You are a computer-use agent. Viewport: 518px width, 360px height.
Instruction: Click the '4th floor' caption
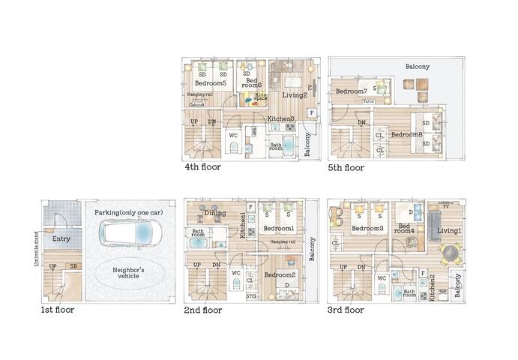[202, 167]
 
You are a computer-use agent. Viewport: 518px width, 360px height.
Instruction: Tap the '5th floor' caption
[346, 168]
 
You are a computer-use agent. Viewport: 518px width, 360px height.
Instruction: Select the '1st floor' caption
[58, 309]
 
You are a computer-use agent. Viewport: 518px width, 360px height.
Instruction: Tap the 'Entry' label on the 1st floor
[61, 238]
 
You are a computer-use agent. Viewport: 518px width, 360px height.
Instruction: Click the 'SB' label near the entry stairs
[72, 266]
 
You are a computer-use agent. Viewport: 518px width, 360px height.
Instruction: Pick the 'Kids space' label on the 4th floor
[261, 97]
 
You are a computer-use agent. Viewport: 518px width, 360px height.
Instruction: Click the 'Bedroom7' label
[351, 91]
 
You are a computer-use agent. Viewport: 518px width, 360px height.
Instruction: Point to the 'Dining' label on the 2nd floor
[215, 214]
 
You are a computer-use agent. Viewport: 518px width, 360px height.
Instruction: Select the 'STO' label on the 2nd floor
[250, 297]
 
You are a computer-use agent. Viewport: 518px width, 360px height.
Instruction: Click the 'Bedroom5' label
[211, 83]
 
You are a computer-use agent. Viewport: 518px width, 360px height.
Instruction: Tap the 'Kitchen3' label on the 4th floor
[280, 119]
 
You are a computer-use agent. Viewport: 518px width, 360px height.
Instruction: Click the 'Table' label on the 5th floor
[368, 101]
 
